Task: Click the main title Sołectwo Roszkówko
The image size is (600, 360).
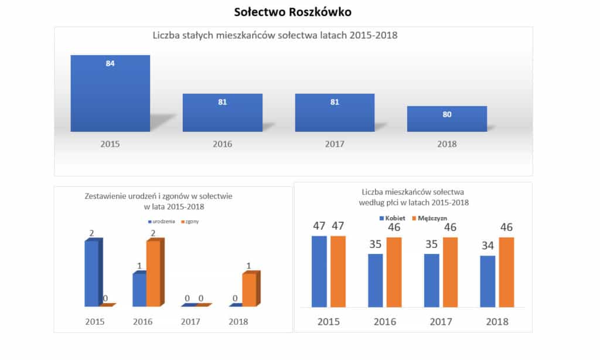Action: click(x=292, y=12)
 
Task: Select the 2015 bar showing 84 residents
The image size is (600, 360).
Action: click(x=110, y=94)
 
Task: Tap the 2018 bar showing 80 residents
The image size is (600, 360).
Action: click(x=446, y=119)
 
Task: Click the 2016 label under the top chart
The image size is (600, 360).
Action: click(x=222, y=144)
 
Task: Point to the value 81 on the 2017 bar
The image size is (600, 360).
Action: click(x=335, y=101)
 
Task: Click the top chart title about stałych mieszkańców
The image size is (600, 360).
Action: click(x=275, y=36)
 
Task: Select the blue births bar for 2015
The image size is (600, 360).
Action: click(x=92, y=273)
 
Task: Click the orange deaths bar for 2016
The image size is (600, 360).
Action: click(x=154, y=273)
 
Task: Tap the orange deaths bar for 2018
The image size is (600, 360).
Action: click(x=249, y=290)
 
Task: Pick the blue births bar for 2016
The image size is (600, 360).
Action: click(x=139, y=290)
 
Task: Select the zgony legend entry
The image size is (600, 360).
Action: click(x=190, y=222)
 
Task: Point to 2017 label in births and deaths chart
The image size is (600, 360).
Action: click(x=190, y=321)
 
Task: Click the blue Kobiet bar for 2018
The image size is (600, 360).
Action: click(x=487, y=281)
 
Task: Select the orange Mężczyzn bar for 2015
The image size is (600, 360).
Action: click(x=338, y=271)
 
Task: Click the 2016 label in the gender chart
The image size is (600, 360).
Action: click(x=385, y=321)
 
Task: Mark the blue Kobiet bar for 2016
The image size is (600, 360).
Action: click(x=375, y=280)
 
